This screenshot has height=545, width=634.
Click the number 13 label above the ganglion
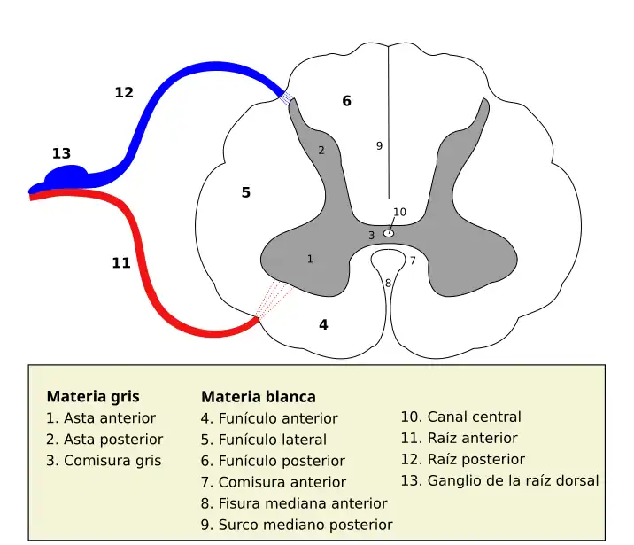(61, 153)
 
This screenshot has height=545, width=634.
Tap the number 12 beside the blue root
(124, 92)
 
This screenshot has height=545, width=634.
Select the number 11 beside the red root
(121, 262)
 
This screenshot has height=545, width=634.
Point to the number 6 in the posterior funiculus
(346, 101)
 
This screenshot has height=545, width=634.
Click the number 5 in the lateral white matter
(246, 192)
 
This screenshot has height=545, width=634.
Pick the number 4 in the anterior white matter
(323, 324)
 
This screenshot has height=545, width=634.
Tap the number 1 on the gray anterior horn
(310, 259)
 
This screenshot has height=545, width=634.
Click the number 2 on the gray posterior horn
(321, 151)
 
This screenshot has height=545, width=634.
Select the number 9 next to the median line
(379, 145)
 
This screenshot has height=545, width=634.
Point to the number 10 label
(399, 212)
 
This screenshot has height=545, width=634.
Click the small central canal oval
(388, 233)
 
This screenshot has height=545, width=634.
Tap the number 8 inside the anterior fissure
(388, 283)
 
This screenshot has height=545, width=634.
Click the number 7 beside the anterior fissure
(412, 261)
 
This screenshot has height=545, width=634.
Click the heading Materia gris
(93, 396)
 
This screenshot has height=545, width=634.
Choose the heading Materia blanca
(259, 397)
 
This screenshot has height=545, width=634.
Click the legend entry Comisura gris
(104, 461)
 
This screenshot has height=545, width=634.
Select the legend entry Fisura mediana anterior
(294, 503)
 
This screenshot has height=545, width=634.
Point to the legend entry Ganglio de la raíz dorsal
(499, 480)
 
